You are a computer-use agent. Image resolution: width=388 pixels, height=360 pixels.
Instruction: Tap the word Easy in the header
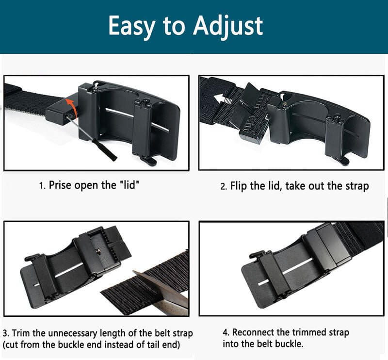[132, 26]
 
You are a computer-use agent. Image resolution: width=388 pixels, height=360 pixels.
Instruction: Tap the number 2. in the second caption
[224, 186]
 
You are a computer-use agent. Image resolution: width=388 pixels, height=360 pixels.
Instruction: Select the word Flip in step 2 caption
[239, 186]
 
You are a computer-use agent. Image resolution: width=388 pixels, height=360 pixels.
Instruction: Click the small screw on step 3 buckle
[99, 251]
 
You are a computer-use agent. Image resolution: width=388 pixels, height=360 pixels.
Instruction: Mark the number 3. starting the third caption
[6, 333]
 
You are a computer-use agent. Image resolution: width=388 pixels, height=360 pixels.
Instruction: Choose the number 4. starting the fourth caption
[226, 332]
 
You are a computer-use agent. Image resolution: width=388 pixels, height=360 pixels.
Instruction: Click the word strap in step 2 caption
[357, 186]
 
